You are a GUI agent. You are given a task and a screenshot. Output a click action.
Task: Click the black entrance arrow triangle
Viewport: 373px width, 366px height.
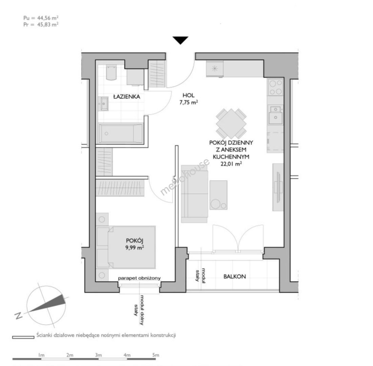181,40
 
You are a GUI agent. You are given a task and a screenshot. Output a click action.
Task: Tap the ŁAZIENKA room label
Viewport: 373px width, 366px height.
127,97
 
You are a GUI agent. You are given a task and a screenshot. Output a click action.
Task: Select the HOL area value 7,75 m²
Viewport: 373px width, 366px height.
189,103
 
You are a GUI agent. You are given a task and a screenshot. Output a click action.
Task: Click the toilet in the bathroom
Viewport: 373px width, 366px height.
111,73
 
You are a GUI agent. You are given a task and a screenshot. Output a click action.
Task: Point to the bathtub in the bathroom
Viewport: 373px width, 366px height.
121,133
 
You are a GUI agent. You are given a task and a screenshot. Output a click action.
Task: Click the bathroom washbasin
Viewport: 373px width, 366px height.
104,104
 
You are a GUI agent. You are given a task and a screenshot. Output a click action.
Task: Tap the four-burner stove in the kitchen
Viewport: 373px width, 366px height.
275,87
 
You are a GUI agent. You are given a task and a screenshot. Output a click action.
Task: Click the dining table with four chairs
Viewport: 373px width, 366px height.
231,123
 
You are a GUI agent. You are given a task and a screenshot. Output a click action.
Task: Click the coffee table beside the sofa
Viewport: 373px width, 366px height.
219,195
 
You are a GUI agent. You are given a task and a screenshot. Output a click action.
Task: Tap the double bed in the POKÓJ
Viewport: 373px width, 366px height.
126,247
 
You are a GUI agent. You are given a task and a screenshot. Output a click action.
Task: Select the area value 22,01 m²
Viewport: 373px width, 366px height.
231,164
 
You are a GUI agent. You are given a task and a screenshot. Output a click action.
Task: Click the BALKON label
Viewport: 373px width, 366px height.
234,277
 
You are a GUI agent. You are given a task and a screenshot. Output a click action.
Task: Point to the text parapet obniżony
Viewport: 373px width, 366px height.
139,278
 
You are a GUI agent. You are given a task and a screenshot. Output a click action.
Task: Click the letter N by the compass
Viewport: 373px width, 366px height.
18,316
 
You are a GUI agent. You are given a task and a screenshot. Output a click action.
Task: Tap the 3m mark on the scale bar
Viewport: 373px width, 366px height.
98,355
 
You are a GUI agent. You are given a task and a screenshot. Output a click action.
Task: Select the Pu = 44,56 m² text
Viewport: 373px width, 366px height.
41,18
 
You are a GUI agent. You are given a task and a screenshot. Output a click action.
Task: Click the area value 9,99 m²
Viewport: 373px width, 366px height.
134,247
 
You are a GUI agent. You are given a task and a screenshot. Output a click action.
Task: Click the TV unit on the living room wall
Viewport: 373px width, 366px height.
278,187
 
